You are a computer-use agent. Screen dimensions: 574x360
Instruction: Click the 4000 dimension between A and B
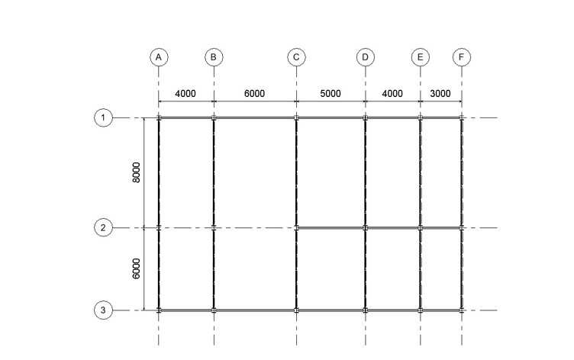(x=185, y=94)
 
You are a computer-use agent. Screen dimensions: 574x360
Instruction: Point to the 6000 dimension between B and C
(x=254, y=94)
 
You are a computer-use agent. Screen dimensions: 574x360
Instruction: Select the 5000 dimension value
(x=331, y=94)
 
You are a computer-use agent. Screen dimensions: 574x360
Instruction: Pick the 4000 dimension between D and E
(x=392, y=94)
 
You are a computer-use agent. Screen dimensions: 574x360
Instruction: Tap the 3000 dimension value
(x=440, y=94)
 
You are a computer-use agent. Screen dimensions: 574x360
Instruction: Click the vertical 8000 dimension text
(x=136, y=172)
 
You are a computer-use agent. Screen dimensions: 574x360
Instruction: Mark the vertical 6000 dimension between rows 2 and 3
(x=136, y=269)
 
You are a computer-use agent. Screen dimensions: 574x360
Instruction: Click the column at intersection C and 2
(x=296, y=227)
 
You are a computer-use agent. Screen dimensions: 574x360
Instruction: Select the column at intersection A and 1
(x=159, y=117)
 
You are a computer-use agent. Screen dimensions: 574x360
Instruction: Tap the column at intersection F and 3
(x=462, y=310)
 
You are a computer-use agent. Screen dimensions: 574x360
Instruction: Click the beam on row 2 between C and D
(x=331, y=227)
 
